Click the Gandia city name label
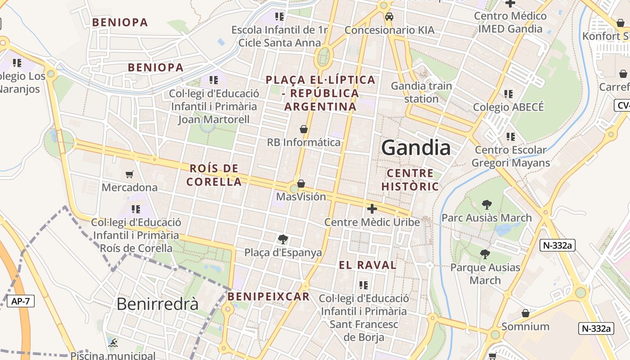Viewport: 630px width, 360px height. click(x=416, y=148)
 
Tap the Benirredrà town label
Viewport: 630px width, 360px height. click(x=157, y=304)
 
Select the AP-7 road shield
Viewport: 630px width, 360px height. click(x=21, y=301)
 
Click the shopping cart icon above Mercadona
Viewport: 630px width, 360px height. click(x=130, y=174)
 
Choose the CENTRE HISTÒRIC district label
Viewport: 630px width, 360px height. click(x=410, y=180)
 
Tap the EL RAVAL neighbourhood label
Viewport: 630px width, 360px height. click(x=368, y=265)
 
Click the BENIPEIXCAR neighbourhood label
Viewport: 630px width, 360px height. click(x=268, y=297)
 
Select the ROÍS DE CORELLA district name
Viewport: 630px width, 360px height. click(x=214, y=175)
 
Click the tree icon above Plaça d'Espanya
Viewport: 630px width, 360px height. click(x=283, y=239)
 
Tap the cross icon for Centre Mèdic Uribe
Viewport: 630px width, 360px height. click(x=372, y=208)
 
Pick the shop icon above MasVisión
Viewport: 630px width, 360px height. click(x=301, y=184)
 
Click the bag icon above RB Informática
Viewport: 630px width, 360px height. click(x=304, y=129)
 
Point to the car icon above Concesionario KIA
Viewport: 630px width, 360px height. click(x=389, y=17)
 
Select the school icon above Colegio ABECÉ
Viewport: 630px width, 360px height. click(x=508, y=94)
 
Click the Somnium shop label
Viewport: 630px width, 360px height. click(x=525, y=326)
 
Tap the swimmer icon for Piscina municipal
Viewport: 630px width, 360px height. click(x=113, y=343)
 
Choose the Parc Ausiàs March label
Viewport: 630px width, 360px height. click(x=486, y=218)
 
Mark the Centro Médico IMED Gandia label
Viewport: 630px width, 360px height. click(x=510, y=22)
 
